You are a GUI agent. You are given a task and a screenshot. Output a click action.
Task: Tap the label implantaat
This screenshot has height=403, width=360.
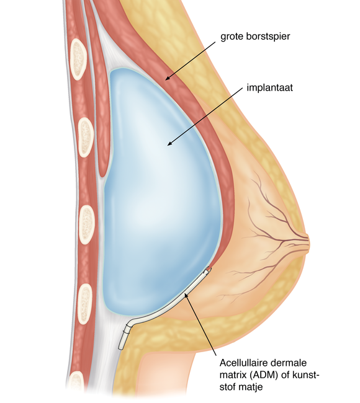pyautogui.click(x=269, y=87)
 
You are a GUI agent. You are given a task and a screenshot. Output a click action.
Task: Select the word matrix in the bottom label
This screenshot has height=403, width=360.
pyautogui.click(x=233, y=375)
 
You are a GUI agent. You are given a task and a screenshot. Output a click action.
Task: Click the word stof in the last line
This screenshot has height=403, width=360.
pyautogui.click(x=228, y=387)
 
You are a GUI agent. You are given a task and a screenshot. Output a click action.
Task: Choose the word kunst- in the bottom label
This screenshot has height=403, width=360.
pyautogui.click(x=306, y=375)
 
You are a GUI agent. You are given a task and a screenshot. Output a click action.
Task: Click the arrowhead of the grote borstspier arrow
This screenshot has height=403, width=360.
pyautogui.click(x=168, y=78)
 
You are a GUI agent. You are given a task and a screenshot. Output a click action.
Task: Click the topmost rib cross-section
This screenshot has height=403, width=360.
pyautogui.click(x=78, y=59)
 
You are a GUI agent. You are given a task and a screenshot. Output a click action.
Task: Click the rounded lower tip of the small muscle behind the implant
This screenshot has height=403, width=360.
pyautogui.click(x=103, y=174)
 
